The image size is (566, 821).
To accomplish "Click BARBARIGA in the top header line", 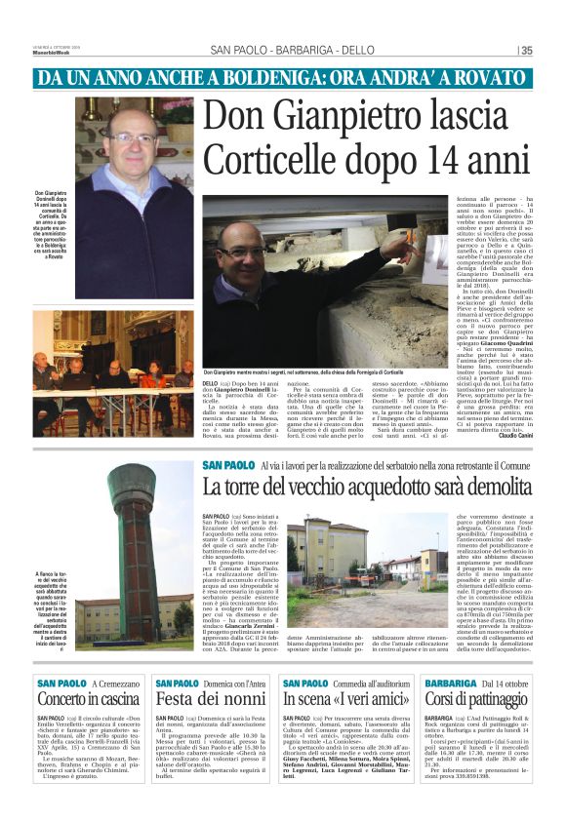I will click(292, 51).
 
